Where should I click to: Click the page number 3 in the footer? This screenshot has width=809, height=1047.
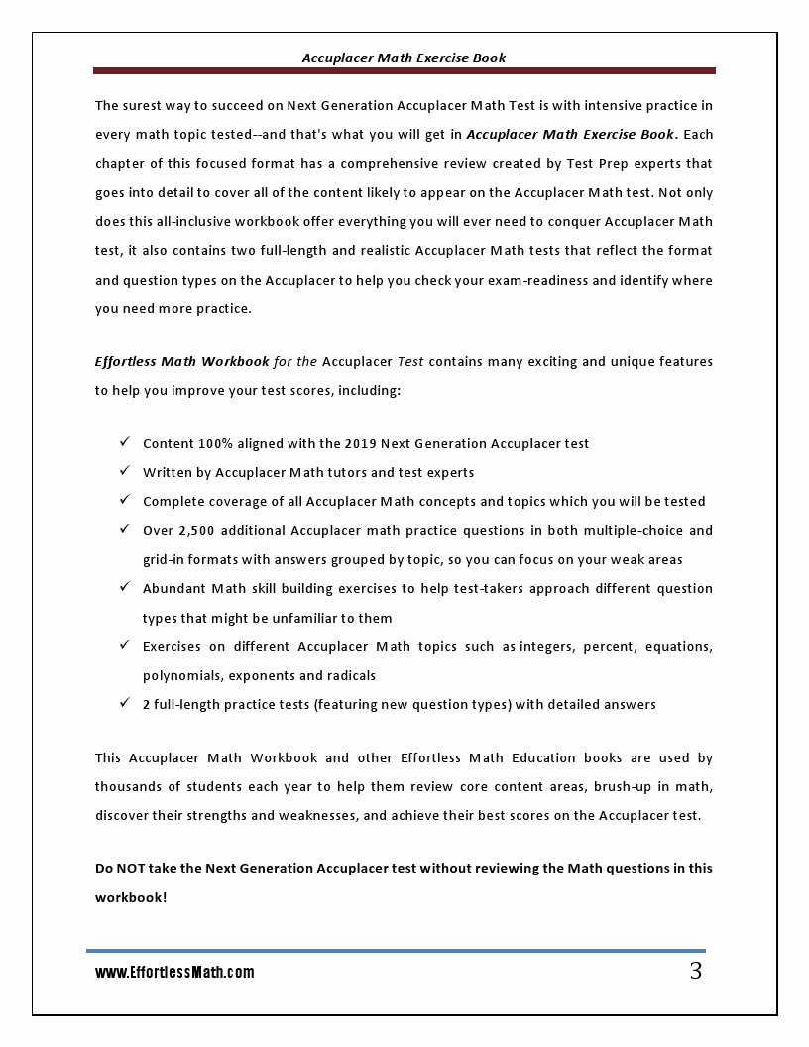point(696,971)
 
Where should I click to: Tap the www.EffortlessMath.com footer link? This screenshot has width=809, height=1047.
point(174,973)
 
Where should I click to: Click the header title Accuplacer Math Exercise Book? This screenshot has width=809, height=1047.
point(404,58)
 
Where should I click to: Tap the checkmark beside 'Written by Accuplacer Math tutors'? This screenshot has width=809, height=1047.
point(125,471)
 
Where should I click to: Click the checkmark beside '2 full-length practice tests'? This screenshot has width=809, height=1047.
point(125,703)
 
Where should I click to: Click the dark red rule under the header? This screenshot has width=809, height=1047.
point(404,71)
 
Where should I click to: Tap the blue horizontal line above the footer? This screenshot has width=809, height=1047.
point(397,951)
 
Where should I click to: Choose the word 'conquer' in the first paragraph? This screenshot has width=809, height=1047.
point(566,221)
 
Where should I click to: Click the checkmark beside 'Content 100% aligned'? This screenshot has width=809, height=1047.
point(125,442)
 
